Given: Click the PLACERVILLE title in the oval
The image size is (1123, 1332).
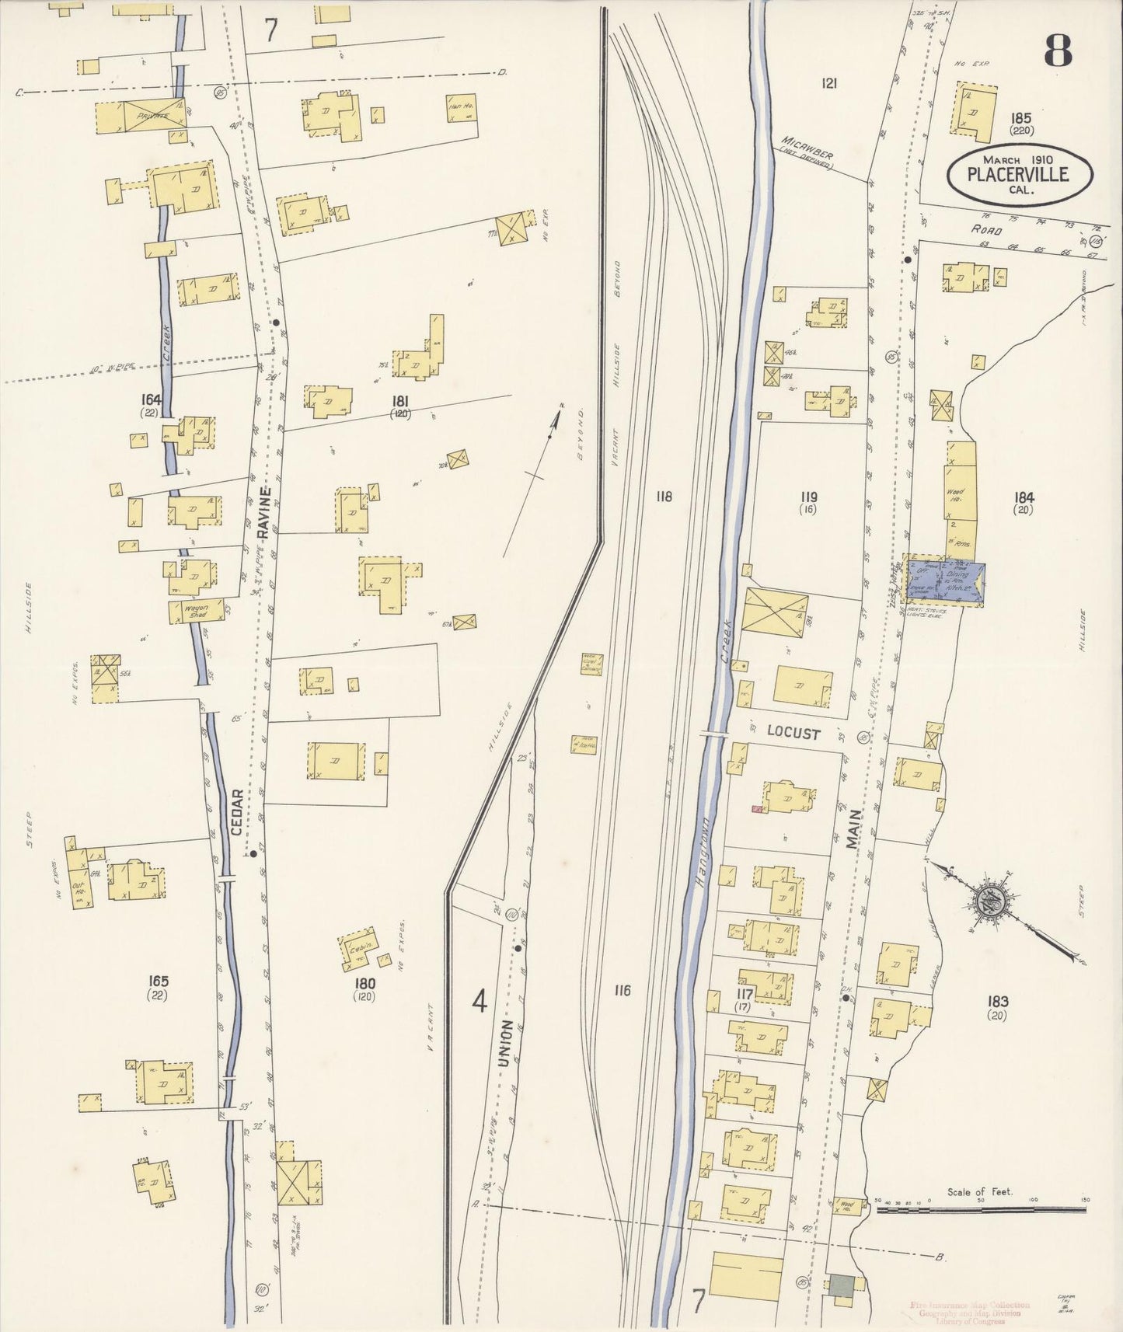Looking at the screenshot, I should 1017,173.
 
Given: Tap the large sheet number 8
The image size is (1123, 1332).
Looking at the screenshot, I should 1058,51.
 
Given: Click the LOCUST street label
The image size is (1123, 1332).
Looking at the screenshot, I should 793,732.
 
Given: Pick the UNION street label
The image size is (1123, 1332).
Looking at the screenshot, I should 506,1043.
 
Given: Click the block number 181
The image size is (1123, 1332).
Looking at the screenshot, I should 401,402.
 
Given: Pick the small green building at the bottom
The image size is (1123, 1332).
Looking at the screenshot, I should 840,1285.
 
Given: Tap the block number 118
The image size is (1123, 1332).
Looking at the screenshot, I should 663,497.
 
